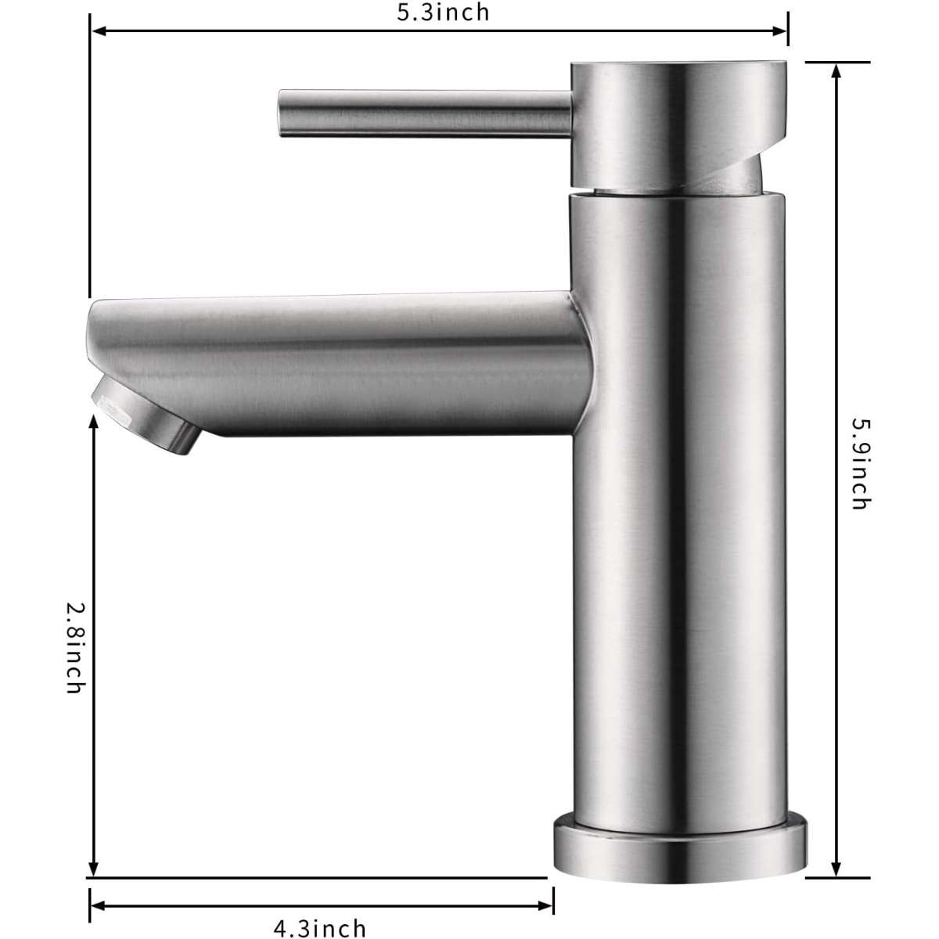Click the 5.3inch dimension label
click(x=442, y=13)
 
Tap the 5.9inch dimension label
click(x=860, y=463)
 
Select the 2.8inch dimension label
click(x=76, y=648)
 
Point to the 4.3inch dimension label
click(x=320, y=927)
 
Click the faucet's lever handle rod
click(x=424, y=113)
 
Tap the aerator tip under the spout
click(x=146, y=416)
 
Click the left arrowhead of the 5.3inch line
click(x=99, y=31)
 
